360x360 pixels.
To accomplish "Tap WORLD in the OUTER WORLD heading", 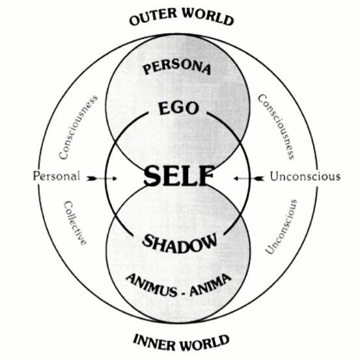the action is click(x=208, y=16).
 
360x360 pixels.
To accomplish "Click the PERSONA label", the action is click(x=176, y=67).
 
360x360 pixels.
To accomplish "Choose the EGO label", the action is click(x=178, y=108).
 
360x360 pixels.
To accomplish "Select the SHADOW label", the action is click(x=180, y=243).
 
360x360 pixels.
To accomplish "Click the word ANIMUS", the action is click(x=152, y=285).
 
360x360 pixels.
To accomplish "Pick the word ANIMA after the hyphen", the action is click(x=210, y=284).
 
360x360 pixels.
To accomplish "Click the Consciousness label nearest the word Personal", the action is click(x=78, y=127).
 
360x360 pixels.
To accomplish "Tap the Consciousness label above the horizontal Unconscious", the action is click(x=276, y=126).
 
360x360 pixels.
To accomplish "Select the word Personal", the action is click(x=57, y=176).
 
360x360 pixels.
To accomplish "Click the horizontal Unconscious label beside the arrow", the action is click(x=305, y=176).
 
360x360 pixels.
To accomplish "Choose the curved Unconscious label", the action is click(x=281, y=227).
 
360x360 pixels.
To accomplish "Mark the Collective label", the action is click(x=75, y=223).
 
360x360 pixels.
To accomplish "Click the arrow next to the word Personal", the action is click(x=102, y=178).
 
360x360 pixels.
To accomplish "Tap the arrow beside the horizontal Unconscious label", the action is click(x=249, y=178).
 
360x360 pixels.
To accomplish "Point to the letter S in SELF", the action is click(x=152, y=176).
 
